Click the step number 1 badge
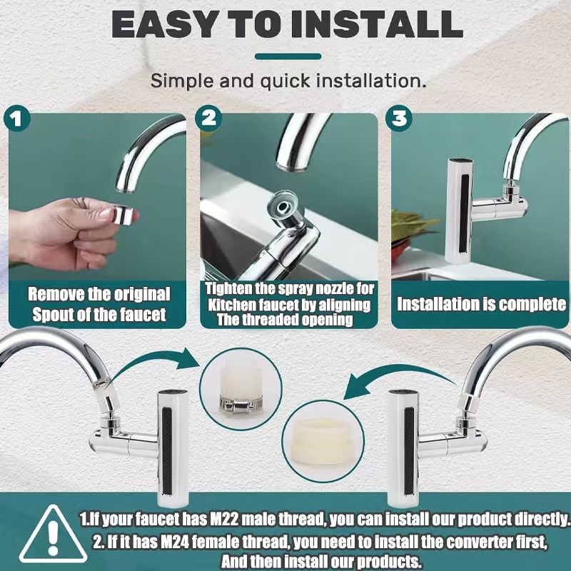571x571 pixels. [16, 119]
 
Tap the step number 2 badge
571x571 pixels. [208, 118]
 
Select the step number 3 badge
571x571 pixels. [400, 118]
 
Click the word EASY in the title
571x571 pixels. [163, 24]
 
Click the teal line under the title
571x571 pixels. [288, 56]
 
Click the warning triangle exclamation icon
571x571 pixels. [53, 534]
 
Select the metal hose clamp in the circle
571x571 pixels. [241, 403]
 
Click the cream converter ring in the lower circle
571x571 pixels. [323, 442]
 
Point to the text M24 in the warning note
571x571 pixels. [174, 542]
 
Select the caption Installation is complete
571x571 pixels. [481, 305]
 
